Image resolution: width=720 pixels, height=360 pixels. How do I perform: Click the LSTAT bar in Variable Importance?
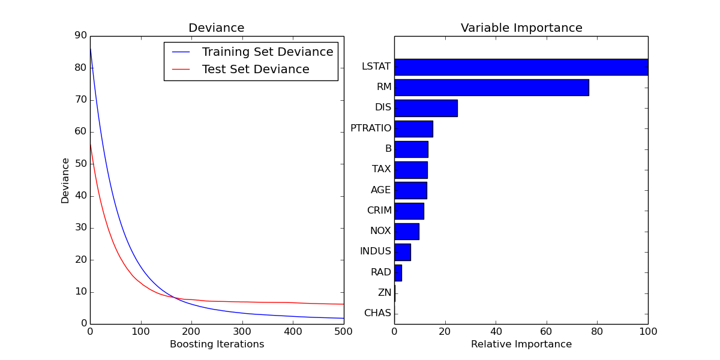[x=521, y=67]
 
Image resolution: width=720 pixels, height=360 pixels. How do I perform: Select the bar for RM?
[x=491, y=88]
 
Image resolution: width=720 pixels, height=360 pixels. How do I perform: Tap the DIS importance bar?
[x=425, y=108]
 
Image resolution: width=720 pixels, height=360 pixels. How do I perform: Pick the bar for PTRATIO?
[x=413, y=128]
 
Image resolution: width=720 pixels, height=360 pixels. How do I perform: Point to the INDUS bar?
[x=402, y=252]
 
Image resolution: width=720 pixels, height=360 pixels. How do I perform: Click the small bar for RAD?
[x=398, y=272]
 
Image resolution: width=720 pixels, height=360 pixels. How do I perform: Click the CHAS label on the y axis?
[x=377, y=313]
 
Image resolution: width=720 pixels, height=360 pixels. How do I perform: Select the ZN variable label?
[x=384, y=293]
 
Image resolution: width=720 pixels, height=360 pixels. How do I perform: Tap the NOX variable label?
[x=380, y=231]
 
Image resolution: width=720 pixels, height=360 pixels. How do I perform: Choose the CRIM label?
[x=379, y=211]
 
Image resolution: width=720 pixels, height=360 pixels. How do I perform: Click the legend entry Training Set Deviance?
[x=267, y=52]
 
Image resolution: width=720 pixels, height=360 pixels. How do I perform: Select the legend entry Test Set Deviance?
[x=256, y=70]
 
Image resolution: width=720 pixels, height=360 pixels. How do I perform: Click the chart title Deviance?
[x=217, y=28]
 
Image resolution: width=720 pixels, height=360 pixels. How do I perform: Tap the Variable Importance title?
[x=521, y=28]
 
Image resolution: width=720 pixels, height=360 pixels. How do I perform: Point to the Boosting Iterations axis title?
[x=217, y=344]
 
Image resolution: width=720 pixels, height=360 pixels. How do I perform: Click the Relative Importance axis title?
[x=521, y=344]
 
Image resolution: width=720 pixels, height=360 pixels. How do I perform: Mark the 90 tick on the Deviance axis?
[x=80, y=35]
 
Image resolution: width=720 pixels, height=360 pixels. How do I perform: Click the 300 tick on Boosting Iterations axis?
[x=242, y=331]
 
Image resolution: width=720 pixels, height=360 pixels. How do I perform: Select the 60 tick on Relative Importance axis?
[x=546, y=331]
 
